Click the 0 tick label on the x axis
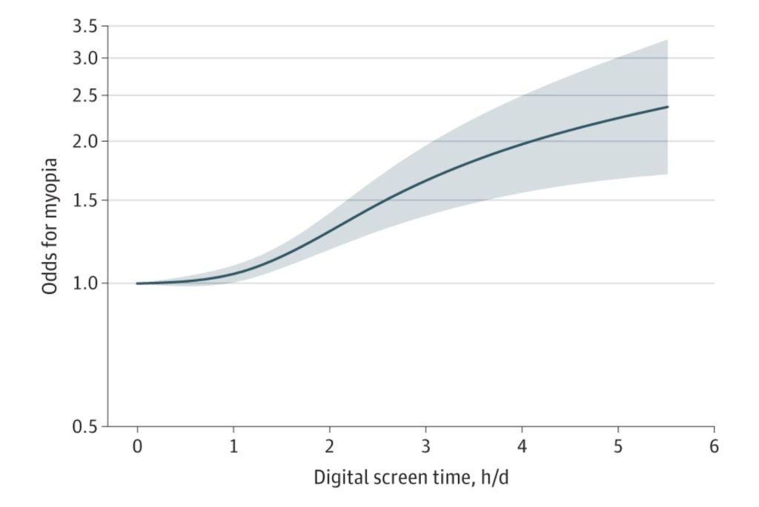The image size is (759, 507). [x=137, y=447]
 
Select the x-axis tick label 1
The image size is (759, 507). [x=233, y=447]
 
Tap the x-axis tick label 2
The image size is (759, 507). [x=330, y=447]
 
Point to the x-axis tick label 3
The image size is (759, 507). [x=425, y=447]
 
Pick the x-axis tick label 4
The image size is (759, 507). [x=522, y=447]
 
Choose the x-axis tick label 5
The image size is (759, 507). [x=618, y=447]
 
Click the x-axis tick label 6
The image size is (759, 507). [x=714, y=447]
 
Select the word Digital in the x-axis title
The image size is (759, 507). [x=339, y=477]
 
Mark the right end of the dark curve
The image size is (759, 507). [x=668, y=107]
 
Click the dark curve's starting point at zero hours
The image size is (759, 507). [x=138, y=284]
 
